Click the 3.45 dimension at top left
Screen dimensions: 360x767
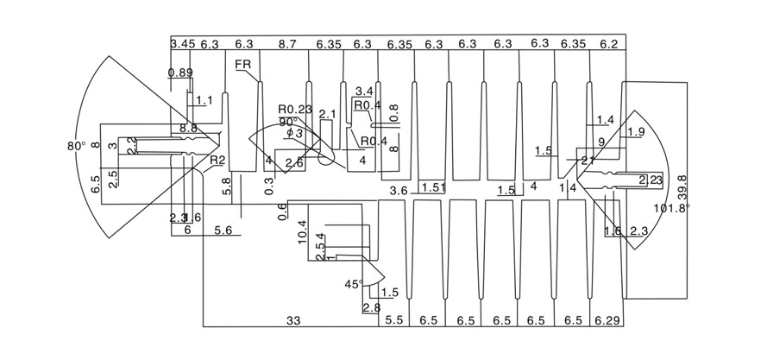point(181,43)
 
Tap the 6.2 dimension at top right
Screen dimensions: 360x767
point(608,43)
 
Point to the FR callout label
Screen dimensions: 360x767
point(242,64)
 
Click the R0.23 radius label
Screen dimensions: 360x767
point(294,109)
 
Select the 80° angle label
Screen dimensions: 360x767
point(76,146)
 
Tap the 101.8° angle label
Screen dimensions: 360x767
point(674,208)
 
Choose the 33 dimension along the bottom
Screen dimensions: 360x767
point(293,320)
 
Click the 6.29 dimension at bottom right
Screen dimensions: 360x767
point(607,320)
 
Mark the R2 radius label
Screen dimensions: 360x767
point(217,160)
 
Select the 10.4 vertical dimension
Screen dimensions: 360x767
point(302,231)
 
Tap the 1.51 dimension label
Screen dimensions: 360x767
point(433,188)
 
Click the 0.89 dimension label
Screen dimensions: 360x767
point(180,73)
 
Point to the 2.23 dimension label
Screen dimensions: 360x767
point(651,180)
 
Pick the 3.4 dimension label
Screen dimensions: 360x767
point(364,91)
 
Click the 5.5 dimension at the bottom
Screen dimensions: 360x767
point(393,320)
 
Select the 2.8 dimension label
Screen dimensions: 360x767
point(372,308)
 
